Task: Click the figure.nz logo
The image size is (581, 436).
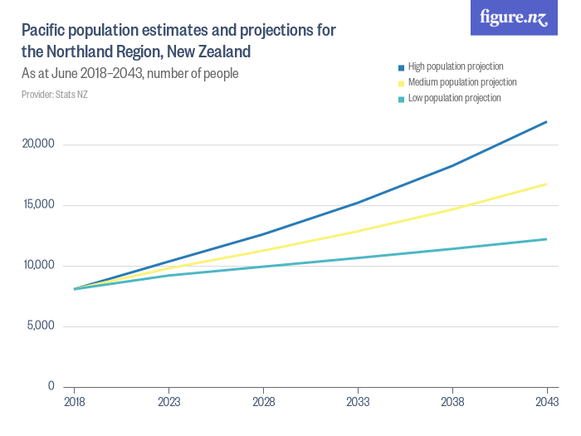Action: [x=514, y=17]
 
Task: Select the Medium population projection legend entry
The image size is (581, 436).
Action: [x=462, y=82]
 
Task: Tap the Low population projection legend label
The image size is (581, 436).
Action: [x=454, y=98]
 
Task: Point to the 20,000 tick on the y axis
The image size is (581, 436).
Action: [x=37, y=145]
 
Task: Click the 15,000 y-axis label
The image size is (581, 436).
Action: [x=37, y=205]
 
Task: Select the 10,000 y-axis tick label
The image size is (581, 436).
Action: [x=37, y=266]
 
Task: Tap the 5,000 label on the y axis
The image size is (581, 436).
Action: [x=39, y=326]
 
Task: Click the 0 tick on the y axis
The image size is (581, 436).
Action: [x=51, y=386]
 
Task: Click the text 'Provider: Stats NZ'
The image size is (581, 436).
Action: [x=55, y=95]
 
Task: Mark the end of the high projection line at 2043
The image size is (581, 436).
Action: [x=546, y=122]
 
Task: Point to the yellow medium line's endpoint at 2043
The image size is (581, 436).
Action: [x=546, y=184]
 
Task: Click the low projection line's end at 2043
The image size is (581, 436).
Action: [x=546, y=239]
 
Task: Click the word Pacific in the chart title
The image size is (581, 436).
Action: [x=44, y=31]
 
